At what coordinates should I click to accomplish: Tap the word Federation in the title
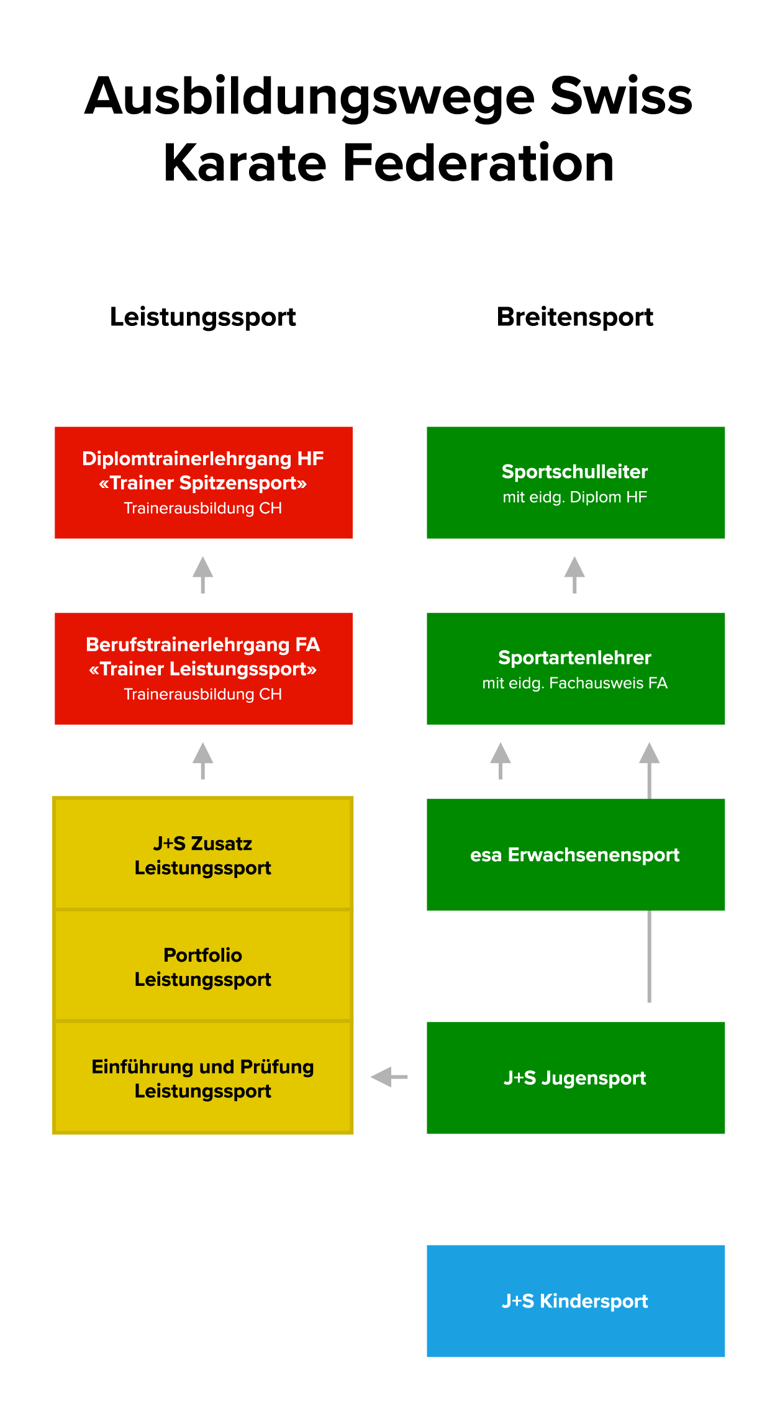coord(478,163)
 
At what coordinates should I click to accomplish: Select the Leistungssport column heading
coord(203,317)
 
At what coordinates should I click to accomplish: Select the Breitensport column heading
coord(575,317)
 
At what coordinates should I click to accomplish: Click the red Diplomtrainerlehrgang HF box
coord(204,482)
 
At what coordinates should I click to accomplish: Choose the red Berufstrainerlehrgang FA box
coord(204,669)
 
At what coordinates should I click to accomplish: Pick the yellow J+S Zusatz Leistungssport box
coord(203,854)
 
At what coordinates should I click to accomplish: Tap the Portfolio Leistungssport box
coord(203,966)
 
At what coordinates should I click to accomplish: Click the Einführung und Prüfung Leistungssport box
coord(203,1078)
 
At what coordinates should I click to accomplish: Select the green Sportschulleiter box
coord(576,482)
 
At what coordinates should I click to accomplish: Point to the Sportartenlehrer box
coord(576,669)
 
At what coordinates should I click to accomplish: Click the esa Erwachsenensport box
coord(576,855)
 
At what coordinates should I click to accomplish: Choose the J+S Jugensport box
coord(576,1078)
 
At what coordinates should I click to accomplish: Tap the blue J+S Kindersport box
coord(576,1301)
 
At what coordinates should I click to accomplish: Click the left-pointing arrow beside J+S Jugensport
coord(389,1077)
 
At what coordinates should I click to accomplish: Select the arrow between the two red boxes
coord(203,575)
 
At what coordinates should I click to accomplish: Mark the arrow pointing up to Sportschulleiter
coord(574,575)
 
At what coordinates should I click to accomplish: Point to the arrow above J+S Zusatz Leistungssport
coord(203,761)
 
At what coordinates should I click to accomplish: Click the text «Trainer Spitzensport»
coord(203,483)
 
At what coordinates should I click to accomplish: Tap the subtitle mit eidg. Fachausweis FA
coord(575,684)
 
